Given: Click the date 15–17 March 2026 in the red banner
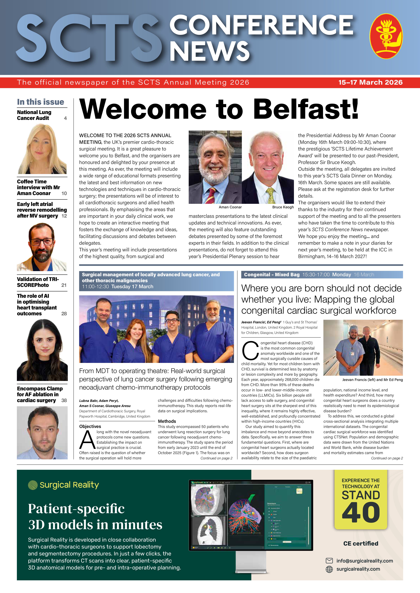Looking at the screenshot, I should coord(370,82).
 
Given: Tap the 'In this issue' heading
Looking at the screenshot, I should coord(41,102).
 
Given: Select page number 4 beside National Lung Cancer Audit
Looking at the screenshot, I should coord(65,118).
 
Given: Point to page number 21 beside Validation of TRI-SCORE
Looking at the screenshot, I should coord(64,285).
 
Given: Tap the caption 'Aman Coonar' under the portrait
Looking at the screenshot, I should coord(230,207).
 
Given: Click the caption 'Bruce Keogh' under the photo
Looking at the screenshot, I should coord(283,207).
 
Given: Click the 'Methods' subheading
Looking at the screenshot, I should coord(167,421).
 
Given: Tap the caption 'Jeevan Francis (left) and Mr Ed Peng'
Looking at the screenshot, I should coord(372,380).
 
